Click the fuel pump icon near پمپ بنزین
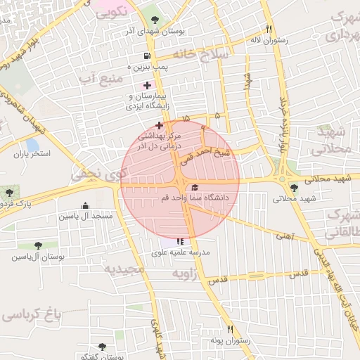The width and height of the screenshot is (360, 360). click(146, 56)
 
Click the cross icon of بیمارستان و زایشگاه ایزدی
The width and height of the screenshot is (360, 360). click(146, 85)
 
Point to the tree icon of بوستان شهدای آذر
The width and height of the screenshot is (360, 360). click(155, 20)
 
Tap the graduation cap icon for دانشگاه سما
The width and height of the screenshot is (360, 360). click(194, 188)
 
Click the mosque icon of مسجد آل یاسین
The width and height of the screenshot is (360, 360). click(86, 205)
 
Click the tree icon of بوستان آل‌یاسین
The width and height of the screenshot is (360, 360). click(37, 245)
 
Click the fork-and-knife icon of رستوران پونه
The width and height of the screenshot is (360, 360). click(229, 329)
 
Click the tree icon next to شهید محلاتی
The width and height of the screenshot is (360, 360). click(294, 188)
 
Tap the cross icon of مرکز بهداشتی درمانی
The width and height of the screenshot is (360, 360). click(159, 124)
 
